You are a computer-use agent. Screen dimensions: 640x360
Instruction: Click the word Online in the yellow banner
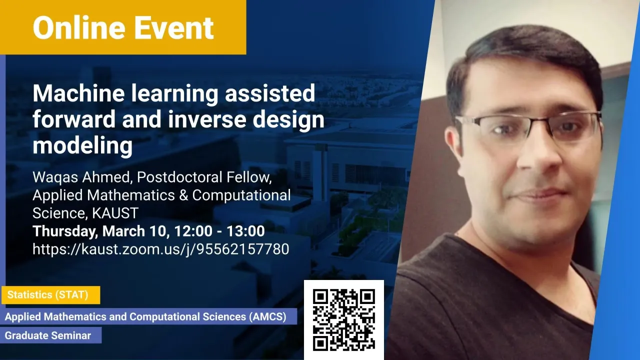tap(79, 27)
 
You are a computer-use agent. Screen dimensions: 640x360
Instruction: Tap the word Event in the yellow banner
tap(174, 27)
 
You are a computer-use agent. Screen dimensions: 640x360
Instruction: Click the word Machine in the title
tap(79, 93)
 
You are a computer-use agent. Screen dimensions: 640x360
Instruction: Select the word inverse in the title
tap(207, 119)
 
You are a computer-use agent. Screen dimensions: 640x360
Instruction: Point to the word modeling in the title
tap(83, 145)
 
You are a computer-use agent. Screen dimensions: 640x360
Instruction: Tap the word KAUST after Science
tap(115, 213)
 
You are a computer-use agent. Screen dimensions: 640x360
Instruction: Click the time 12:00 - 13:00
tap(219, 231)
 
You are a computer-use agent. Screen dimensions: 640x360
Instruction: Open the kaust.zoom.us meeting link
tap(161, 249)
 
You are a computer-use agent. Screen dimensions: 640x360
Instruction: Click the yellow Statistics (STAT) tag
tap(51, 295)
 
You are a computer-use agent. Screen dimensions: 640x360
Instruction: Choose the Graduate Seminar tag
tap(51, 335)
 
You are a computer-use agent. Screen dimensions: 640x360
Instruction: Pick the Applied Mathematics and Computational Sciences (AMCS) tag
tap(148, 316)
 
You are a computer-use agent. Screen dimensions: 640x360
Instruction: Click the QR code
tap(344, 319)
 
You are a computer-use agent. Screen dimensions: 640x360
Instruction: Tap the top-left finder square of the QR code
tap(320, 296)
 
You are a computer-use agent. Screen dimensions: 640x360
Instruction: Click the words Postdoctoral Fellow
tap(204, 177)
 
